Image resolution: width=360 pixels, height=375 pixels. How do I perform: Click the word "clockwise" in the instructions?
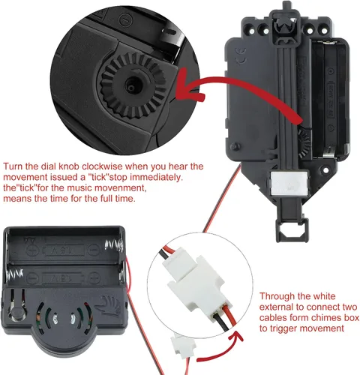103,166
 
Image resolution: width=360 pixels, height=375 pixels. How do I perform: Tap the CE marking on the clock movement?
241,55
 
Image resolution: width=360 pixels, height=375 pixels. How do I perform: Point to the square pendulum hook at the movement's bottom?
292,229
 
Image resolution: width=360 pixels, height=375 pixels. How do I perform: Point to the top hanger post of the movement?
287,5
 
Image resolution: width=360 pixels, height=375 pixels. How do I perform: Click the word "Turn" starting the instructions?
13,166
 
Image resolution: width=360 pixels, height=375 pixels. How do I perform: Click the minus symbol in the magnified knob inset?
125,19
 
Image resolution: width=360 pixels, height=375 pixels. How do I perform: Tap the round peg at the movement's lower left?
235,147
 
